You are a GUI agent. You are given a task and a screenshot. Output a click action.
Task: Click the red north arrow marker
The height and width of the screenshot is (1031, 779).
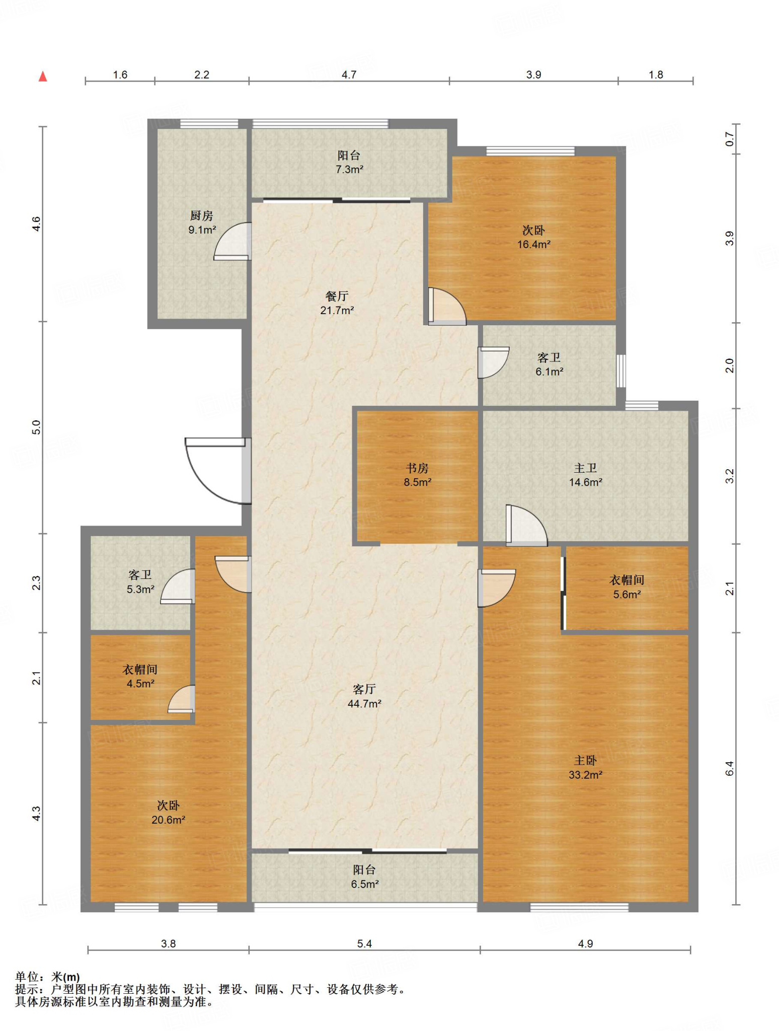(x=43, y=76)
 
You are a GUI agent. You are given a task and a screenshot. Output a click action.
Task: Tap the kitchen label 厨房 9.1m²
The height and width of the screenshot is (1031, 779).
(x=202, y=223)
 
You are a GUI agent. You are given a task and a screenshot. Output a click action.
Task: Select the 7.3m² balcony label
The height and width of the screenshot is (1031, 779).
(x=349, y=162)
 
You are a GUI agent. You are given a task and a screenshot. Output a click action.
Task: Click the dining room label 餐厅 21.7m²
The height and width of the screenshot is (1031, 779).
(x=337, y=303)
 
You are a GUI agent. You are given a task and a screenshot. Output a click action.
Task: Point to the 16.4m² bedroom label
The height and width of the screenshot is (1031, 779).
(x=533, y=237)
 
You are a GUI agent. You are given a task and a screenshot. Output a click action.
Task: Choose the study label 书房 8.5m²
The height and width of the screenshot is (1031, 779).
(x=417, y=475)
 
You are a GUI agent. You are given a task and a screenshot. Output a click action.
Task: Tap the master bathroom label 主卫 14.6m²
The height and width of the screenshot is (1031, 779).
(x=585, y=475)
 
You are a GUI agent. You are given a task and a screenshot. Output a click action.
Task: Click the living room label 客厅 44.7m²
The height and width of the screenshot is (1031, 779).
(x=364, y=696)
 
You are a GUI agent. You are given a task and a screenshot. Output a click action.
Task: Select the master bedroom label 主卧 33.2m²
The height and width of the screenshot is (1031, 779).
(x=585, y=767)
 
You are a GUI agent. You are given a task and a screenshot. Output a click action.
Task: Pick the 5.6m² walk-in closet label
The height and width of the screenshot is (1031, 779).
(x=627, y=587)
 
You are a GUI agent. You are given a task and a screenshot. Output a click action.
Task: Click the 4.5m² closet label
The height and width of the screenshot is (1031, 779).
(x=140, y=676)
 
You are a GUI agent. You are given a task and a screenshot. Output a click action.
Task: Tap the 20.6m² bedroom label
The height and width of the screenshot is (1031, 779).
(x=168, y=813)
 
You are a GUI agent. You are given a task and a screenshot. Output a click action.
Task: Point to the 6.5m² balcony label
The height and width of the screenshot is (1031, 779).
(x=364, y=876)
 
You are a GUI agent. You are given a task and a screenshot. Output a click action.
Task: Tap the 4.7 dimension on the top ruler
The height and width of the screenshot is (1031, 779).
(x=349, y=75)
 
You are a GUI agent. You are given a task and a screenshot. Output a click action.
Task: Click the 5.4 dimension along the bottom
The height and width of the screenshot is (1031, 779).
(x=364, y=943)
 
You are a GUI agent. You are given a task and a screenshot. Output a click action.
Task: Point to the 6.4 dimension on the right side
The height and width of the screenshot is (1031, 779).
(x=730, y=768)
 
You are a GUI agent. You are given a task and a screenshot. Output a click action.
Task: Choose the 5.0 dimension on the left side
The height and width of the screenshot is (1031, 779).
(x=36, y=427)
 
